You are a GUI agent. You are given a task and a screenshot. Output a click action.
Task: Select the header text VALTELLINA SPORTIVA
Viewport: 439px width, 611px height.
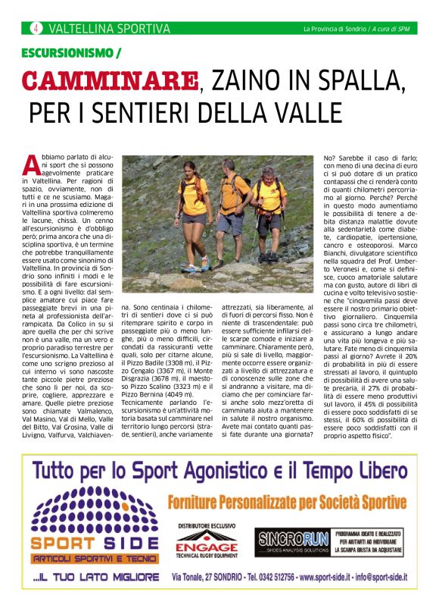coord(109,29)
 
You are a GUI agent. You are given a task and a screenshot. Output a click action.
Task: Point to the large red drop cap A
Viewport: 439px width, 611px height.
coord(31,163)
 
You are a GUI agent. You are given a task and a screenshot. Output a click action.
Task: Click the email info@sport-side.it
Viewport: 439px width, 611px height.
coord(390,578)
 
